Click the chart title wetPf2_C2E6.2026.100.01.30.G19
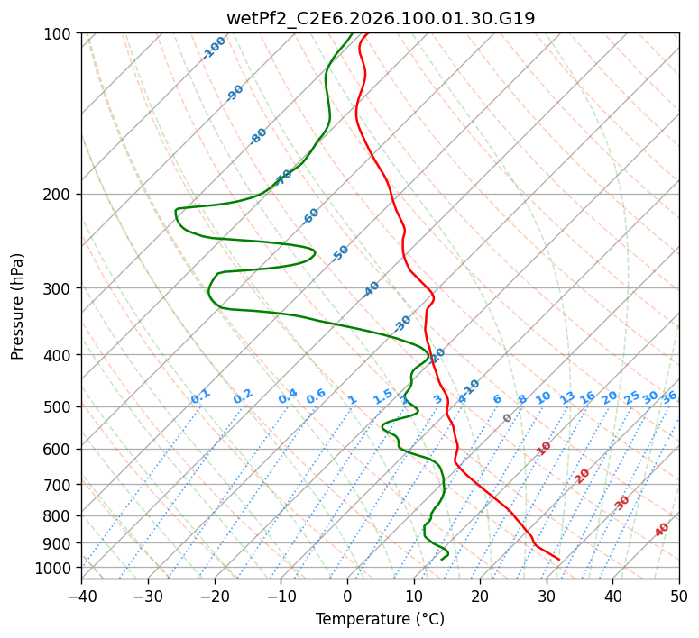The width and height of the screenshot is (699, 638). pos(380,18)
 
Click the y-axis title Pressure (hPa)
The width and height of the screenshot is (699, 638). pos(18,305)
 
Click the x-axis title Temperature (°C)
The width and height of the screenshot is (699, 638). pos(380,619)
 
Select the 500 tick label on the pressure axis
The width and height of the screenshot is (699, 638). pos(60,406)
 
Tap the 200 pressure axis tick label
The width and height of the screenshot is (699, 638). pos(60,194)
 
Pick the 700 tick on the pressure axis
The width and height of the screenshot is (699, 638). pos(60,485)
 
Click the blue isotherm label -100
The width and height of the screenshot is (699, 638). pos(214,47)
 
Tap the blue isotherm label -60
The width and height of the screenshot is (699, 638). pos(311,216)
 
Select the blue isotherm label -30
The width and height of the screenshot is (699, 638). pos(402,323)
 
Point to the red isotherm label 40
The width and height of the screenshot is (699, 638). pos(662,529)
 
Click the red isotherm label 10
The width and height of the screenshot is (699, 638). pos(544,448)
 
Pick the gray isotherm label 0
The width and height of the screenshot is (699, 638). pos(508,418)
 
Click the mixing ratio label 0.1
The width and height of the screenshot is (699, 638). pos(200,396)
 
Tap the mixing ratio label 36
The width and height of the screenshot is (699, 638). pos(668,396)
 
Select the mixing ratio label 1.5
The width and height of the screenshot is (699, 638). pos(382,396)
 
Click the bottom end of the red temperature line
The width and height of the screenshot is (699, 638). pos(559,560)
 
